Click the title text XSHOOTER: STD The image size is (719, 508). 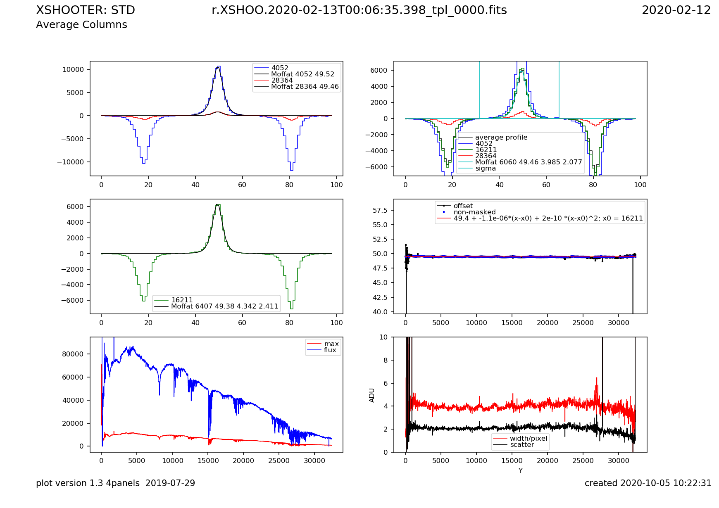point(86,10)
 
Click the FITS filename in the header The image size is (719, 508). point(359,10)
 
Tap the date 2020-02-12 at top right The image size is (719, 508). point(676,10)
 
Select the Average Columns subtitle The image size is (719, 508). point(81,25)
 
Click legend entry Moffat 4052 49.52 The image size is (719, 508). point(302,74)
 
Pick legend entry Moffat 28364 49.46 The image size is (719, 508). point(305,87)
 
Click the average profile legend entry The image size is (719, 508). point(501,138)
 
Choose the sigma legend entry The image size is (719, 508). point(485,169)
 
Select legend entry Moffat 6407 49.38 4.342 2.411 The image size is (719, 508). point(224,306)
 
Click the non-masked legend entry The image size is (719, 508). point(474,212)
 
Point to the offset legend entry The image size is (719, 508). point(463,206)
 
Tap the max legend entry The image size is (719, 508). point(331,344)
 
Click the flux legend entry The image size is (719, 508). point(330,350)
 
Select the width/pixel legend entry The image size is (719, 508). point(528,439)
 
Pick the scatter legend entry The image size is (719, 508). point(522,445)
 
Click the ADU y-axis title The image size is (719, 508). point(372,395)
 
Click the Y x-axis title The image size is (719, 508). point(520,471)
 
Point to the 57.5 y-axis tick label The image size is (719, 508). point(380,211)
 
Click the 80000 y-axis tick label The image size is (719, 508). point(73,354)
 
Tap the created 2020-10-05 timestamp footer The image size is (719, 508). point(648,483)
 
